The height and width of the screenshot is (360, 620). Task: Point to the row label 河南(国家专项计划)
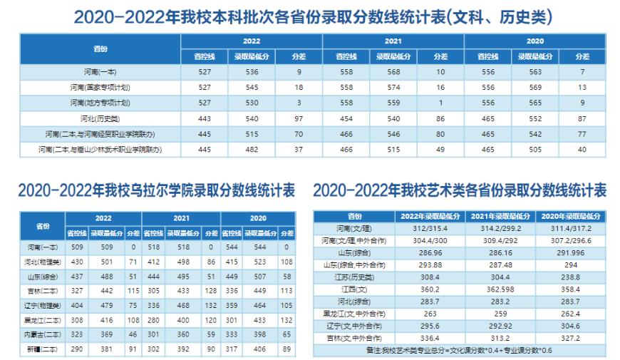tap(100, 87)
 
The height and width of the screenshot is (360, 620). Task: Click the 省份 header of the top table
tap(100, 48)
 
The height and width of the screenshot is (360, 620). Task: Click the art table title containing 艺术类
tap(460, 191)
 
